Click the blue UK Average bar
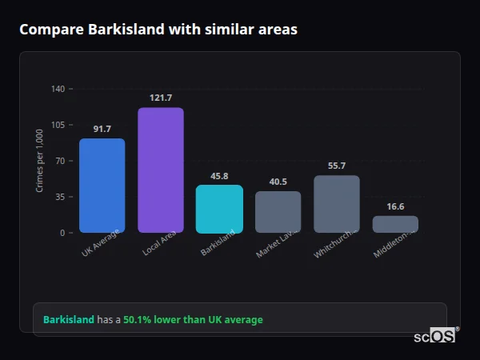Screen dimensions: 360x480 [102, 186]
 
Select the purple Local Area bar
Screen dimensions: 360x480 [161, 170]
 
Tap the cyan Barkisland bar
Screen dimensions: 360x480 [219, 209]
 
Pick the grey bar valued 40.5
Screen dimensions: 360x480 [278, 212]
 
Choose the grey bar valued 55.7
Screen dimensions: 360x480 [337, 204]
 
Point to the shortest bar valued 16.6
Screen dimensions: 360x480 [395, 224]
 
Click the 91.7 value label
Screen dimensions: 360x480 [102, 129]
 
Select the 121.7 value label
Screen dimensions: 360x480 [161, 98]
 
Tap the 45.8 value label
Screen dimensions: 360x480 [219, 176]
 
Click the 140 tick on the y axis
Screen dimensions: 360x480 [58, 89]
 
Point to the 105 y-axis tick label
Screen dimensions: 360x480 [58, 125]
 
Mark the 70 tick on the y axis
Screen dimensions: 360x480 [59, 161]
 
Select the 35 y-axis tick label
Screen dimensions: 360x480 [59, 197]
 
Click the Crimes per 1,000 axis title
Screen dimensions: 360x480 [40, 161]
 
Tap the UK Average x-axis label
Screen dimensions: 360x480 [101, 242]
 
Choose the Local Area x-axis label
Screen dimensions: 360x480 [160, 242]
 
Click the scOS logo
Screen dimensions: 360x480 [434, 336]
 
